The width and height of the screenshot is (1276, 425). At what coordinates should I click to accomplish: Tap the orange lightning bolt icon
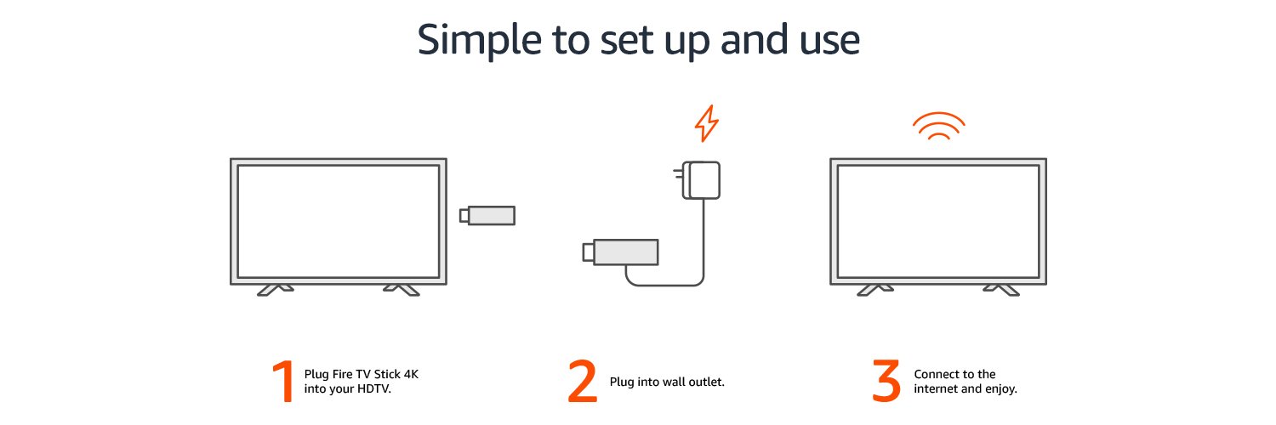click(x=706, y=124)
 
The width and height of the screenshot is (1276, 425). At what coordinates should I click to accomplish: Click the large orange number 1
click(x=282, y=382)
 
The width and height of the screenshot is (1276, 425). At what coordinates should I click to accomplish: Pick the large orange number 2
click(x=583, y=382)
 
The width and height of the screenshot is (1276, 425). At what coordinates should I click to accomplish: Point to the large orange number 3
click(x=886, y=382)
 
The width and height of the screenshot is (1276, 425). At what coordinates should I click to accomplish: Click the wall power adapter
click(x=706, y=181)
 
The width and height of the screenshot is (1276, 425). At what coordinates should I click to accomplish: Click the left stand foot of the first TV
click(x=275, y=290)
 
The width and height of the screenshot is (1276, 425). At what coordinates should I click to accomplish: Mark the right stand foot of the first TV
click(x=402, y=290)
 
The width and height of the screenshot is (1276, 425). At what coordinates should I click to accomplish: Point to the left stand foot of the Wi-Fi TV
click(x=875, y=290)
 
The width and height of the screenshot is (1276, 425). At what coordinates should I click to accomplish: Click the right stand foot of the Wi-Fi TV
click(x=1002, y=290)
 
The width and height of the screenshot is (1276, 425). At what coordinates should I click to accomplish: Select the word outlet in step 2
click(x=704, y=382)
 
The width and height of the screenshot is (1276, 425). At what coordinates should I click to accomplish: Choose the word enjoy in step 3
click(x=1000, y=389)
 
